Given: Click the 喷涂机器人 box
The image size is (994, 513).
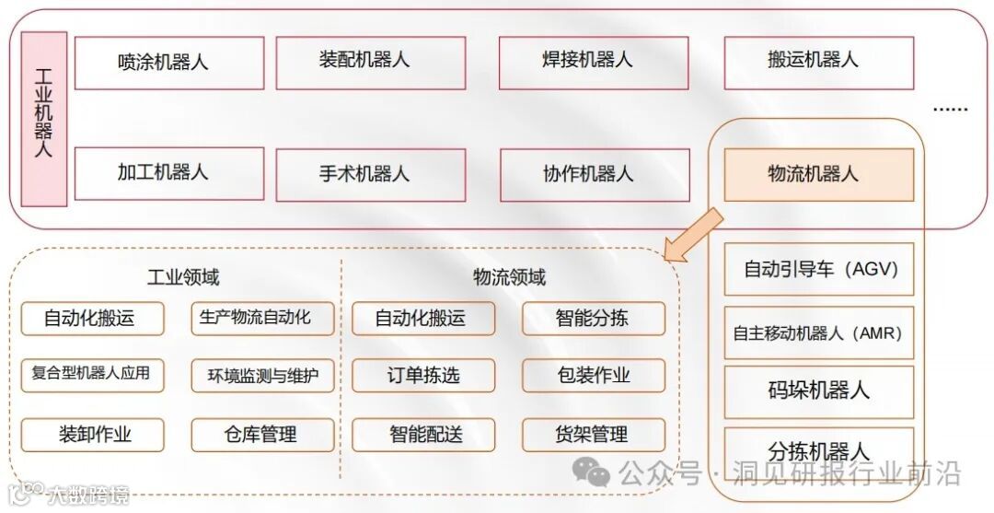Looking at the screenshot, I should (x=169, y=63).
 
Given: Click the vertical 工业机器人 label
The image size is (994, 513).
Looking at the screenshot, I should (x=43, y=119).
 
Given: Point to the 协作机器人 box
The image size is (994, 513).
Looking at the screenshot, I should (x=594, y=174).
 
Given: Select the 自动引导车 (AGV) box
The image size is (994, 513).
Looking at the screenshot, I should (x=819, y=270).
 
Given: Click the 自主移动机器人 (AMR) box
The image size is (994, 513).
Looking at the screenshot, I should (x=819, y=332).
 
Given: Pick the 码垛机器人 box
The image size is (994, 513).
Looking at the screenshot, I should (x=819, y=391).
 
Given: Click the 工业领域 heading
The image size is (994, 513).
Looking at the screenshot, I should (x=183, y=277).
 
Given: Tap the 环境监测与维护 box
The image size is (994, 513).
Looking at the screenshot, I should (x=262, y=376).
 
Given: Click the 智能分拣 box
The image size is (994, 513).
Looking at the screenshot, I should (x=594, y=319).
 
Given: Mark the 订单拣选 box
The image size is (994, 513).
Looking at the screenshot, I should (x=423, y=376).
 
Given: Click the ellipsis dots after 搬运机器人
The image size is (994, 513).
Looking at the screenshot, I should (x=950, y=110).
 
